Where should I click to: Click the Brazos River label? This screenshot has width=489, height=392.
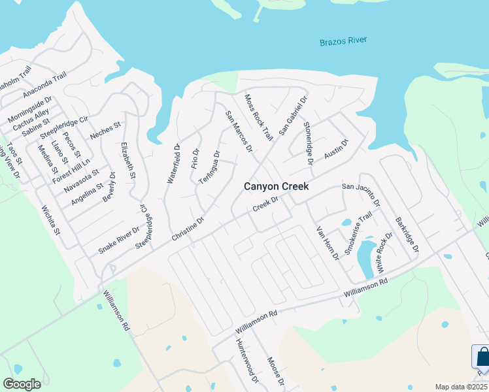(x=343, y=41)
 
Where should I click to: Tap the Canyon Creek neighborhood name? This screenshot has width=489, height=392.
(x=276, y=186)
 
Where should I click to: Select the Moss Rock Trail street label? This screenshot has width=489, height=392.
(x=258, y=117)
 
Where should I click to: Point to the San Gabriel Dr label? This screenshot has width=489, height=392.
(x=294, y=114)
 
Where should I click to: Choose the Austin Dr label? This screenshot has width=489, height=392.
(x=337, y=150)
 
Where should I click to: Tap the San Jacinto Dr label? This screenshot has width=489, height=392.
(x=365, y=188)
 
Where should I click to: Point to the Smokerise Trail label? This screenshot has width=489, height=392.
(x=358, y=233)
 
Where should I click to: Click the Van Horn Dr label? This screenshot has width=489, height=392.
(x=328, y=242)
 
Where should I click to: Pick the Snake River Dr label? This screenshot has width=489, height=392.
(x=119, y=240)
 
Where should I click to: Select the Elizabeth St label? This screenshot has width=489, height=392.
(x=128, y=161)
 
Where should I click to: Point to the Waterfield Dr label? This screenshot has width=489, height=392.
(x=173, y=164)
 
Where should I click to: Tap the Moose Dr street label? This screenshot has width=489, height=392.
(x=276, y=370)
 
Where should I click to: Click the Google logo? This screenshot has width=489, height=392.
(x=22, y=384)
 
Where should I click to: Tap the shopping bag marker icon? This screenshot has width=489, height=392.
(x=482, y=357)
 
